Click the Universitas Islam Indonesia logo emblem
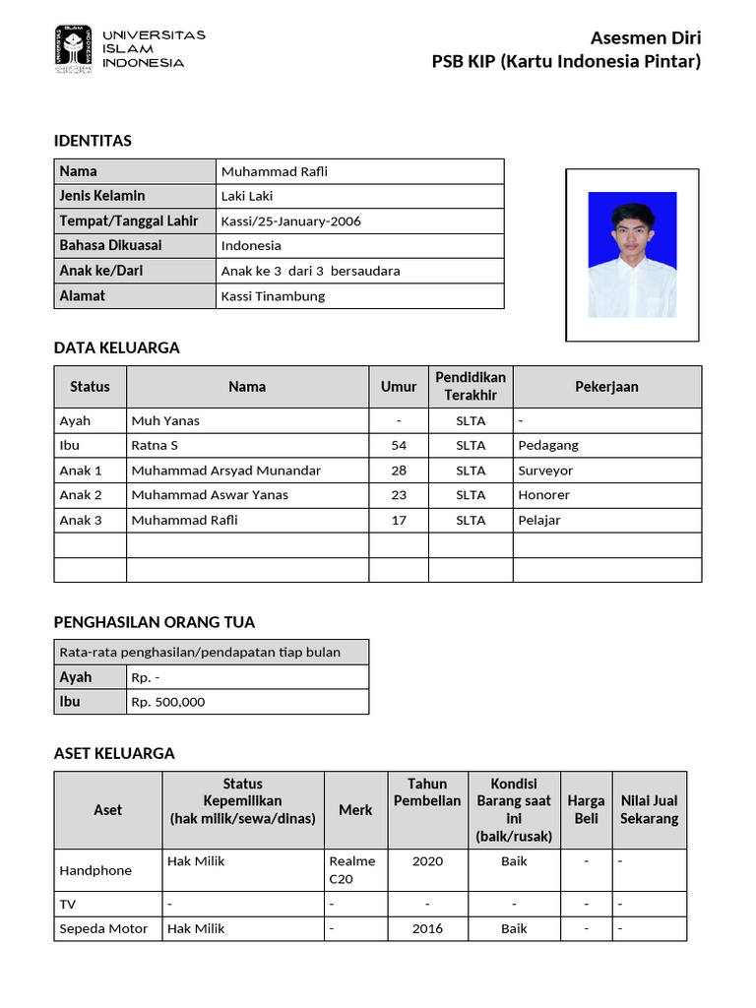point(73,49)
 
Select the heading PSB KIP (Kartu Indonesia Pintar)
point(566,62)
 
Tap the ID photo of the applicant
point(632,254)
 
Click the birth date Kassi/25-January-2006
point(290,220)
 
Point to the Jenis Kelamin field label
point(102,196)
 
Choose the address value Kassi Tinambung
point(273,295)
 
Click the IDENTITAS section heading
point(93,141)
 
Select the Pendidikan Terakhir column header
point(471,386)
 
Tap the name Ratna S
point(155,445)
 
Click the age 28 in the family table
point(399,471)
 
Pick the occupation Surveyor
point(545,471)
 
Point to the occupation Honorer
point(543,495)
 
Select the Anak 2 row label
point(81,495)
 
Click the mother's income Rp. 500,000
point(168,702)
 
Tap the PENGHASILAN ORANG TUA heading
point(154,622)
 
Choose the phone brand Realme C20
point(352,869)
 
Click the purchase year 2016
point(427,928)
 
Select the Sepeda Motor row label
point(103,928)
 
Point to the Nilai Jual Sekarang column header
point(649,809)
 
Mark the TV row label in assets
point(68,904)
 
